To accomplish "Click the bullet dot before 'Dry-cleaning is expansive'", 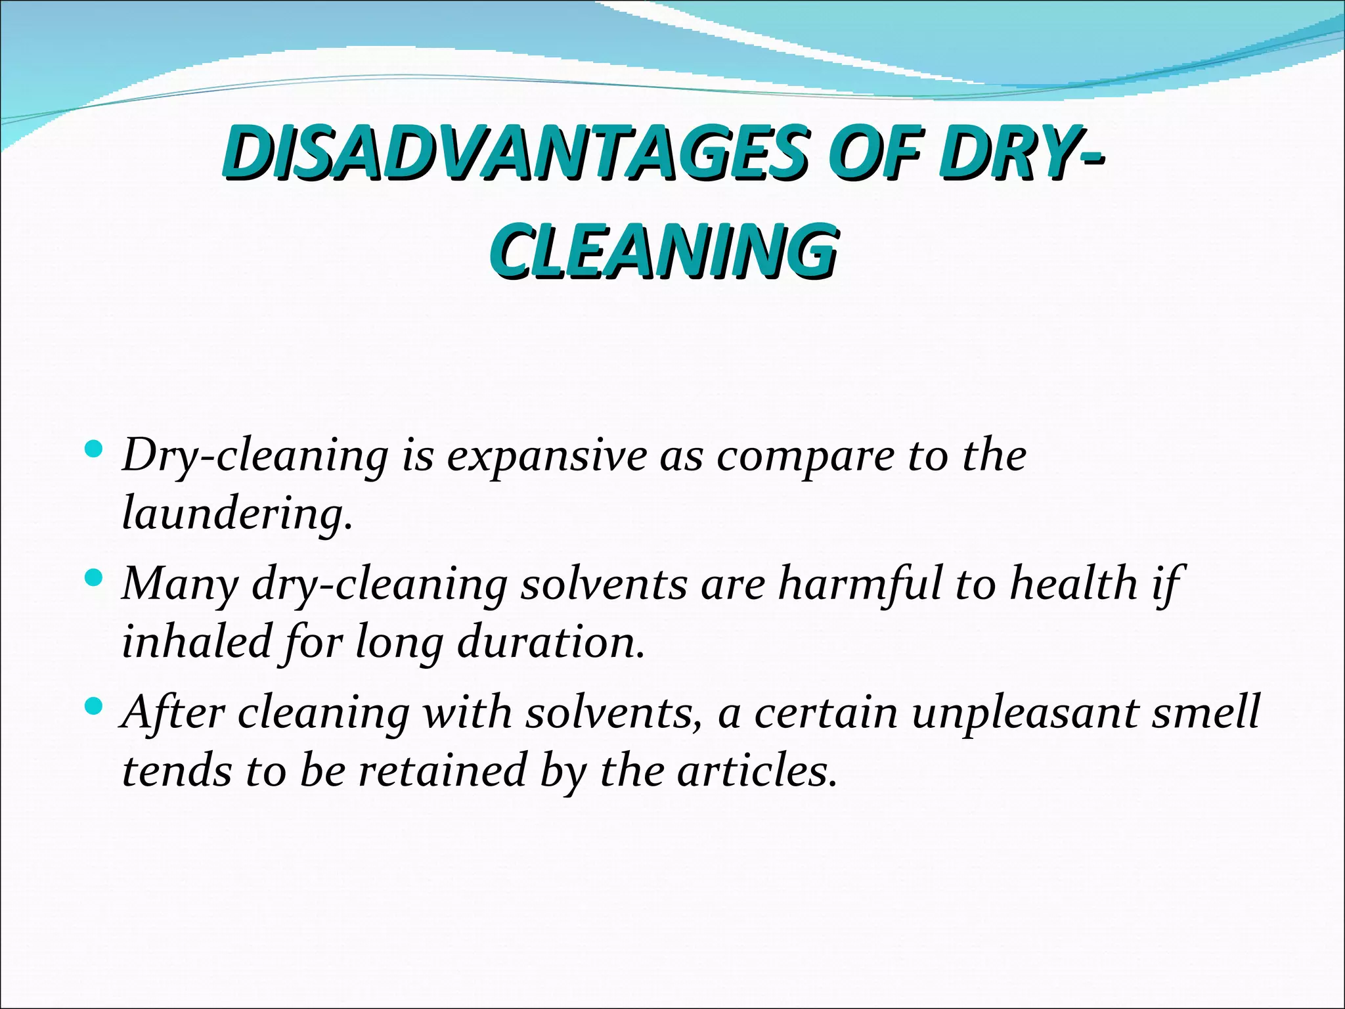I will (95, 450).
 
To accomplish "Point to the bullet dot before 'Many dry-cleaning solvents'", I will (95, 579).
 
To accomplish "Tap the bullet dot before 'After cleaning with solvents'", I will (95, 707).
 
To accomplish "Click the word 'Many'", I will (179, 585).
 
